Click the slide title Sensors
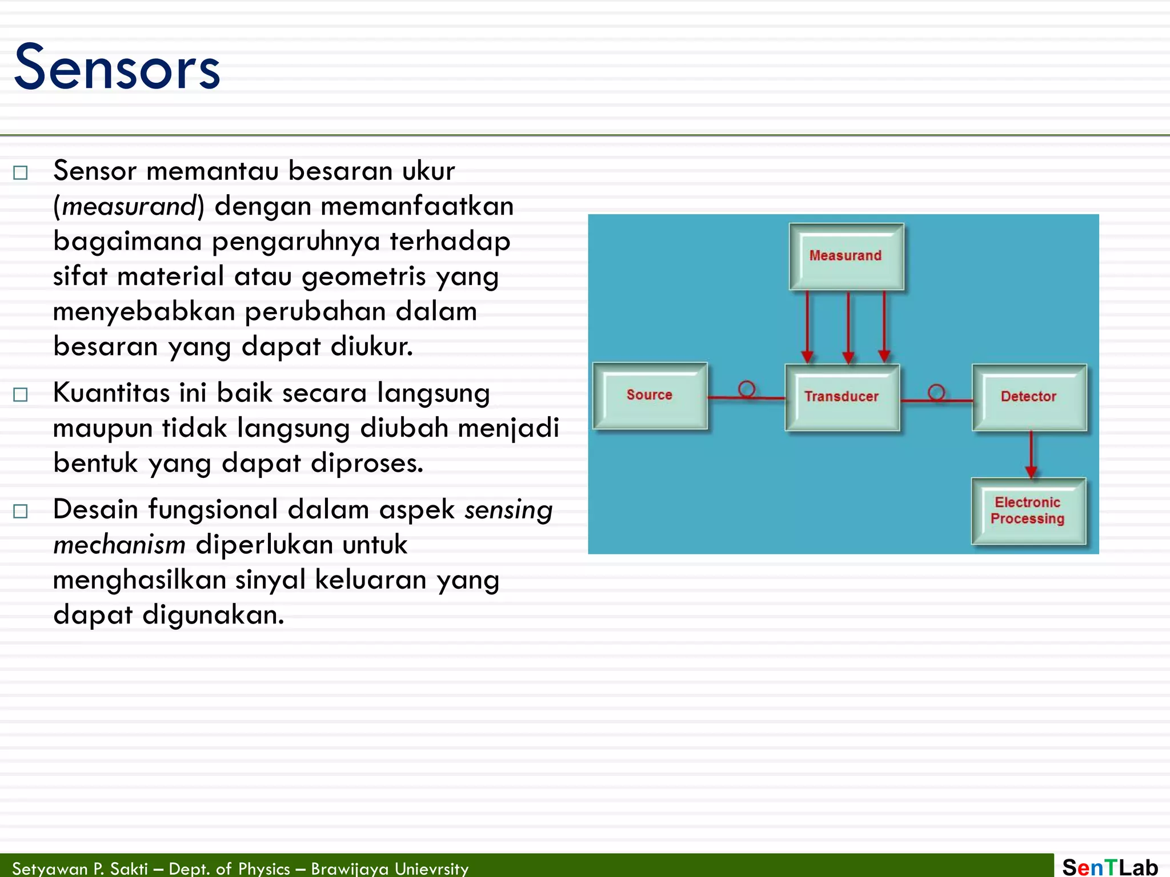(x=117, y=67)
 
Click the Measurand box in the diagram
(x=846, y=256)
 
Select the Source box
(x=650, y=395)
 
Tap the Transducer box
(x=842, y=397)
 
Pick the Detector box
(x=1028, y=397)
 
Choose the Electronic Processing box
(x=1028, y=510)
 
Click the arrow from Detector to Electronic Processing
(x=1031, y=454)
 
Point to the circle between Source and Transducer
(x=746, y=389)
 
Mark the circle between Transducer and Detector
(x=936, y=392)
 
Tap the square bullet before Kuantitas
(x=21, y=395)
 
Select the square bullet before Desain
(x=21, y=511)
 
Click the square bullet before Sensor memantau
(x=21, y=172)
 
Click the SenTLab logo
(x=1109, y=867)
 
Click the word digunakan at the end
(x=213, y=615)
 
